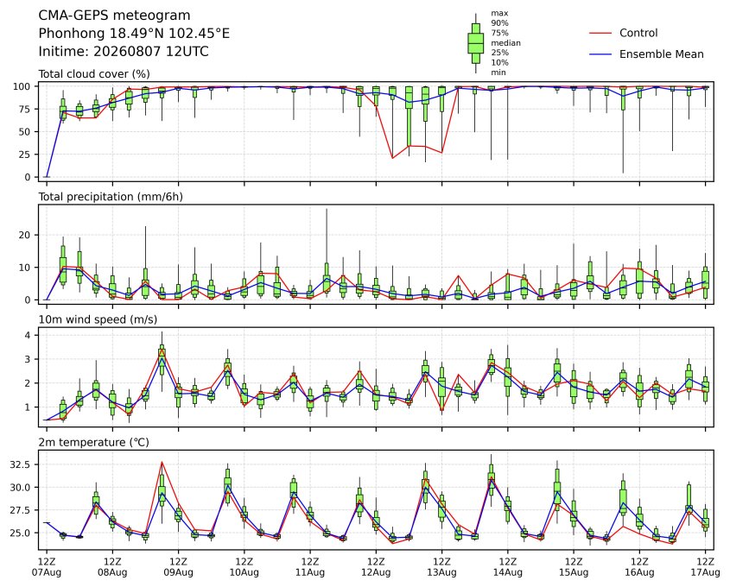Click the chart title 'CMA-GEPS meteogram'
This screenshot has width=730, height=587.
(x=114, y=16)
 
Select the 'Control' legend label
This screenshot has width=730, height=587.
(x=638, y=33)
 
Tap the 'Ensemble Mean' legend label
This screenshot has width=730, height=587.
(x=661, y=54)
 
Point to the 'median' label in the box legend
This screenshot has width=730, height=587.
(x=505, y=43)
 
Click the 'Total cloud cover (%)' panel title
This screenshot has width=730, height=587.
(x=94, y=74)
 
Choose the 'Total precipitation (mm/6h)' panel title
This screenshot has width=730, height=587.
(x=111, y=197)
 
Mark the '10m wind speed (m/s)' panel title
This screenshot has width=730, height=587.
(x=98, y=319)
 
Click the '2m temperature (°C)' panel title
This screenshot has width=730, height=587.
(x=93, y=442)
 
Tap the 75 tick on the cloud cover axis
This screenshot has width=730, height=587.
(x=23, y=110)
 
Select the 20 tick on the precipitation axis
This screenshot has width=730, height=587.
(x=25, y=236)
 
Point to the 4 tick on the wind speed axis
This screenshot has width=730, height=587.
(x=28, y=335)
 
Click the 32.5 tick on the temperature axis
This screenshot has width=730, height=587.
(x=21, y=464)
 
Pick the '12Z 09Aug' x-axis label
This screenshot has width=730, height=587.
(x=178, y=566)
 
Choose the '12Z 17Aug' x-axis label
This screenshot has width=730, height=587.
(x=705, y=566)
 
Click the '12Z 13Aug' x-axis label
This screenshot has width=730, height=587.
(x=441, y=566)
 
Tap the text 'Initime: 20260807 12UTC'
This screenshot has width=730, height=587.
(x=124, y=51)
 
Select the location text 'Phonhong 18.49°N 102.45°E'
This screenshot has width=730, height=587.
(x=134, y=34)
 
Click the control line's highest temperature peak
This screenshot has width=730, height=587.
(x=162, y=462)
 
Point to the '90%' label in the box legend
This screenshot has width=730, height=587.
(x=499, y=22)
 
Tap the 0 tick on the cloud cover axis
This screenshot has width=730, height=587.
(x=28, y=177)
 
